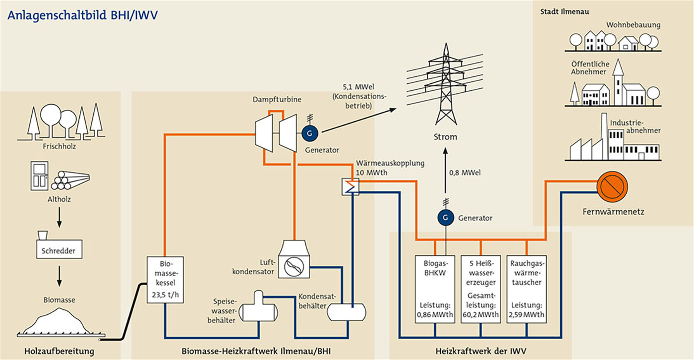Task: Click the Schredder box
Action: click(x=59, y=249)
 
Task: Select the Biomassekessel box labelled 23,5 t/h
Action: click(x=165, y=280)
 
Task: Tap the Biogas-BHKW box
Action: click(x=435, y=290)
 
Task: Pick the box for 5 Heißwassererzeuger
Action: click(x=480, y=290)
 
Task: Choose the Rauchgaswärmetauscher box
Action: click(x=526, y=290)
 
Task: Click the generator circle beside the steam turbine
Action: click(x=309, y=133)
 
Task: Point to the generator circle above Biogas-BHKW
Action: click(x=446, y=218)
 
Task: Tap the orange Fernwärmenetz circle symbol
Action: click(x=612, y=187)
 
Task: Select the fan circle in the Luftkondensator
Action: click(x=293, y=266)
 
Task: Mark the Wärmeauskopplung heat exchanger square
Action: click(x=350, y=187)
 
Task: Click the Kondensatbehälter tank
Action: click(x=347, y=312)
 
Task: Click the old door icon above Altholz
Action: click(x=39, y=176)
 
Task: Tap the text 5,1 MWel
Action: click(x=358, y=87)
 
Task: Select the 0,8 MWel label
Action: click(x=465, y=173)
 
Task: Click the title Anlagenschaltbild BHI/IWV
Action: click(x=82, y=15)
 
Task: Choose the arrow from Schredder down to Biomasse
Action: click(x=59, y=276)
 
